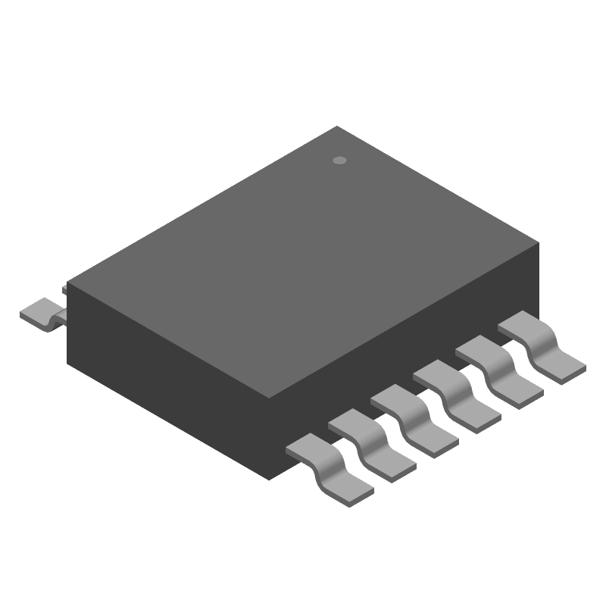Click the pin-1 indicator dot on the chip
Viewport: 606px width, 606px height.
tap(340, 161)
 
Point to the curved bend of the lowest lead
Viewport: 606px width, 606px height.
tap(327, 463)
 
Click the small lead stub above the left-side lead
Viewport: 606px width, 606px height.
tap(66, 288)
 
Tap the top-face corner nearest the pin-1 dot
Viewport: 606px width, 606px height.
tap(336, 127)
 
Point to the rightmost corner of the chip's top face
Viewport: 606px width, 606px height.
tap(539, 243)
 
